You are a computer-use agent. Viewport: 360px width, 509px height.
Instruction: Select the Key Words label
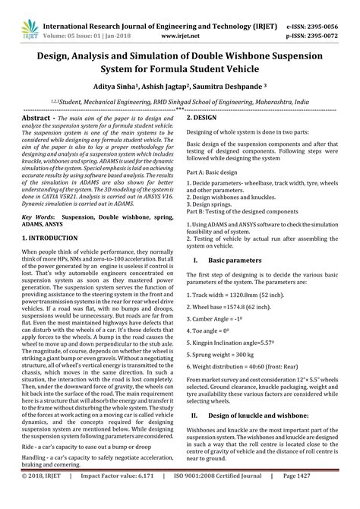[36, 217]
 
